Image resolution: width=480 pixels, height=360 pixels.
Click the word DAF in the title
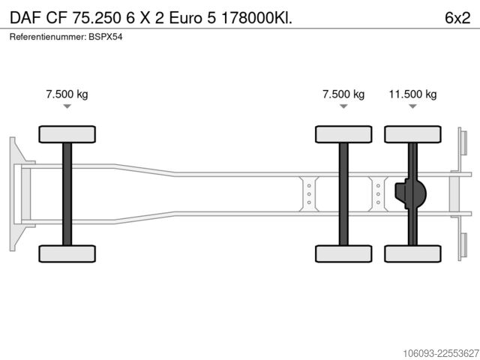(25, 18)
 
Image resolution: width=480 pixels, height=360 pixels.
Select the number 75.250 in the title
(97, 18)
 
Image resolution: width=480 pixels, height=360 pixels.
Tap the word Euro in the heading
(185, 18)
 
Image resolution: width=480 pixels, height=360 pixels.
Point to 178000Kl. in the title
(256, 18)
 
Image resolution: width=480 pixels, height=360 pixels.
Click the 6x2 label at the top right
(457, 18)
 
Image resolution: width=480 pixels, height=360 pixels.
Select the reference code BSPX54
(106, 37)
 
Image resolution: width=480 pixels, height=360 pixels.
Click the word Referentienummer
(48, 37)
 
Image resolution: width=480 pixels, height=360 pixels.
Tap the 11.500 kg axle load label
(412, 94)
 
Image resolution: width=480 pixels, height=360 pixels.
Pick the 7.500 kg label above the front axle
(67, 94)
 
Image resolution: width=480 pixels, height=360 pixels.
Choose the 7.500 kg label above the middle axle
(343, 94)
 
